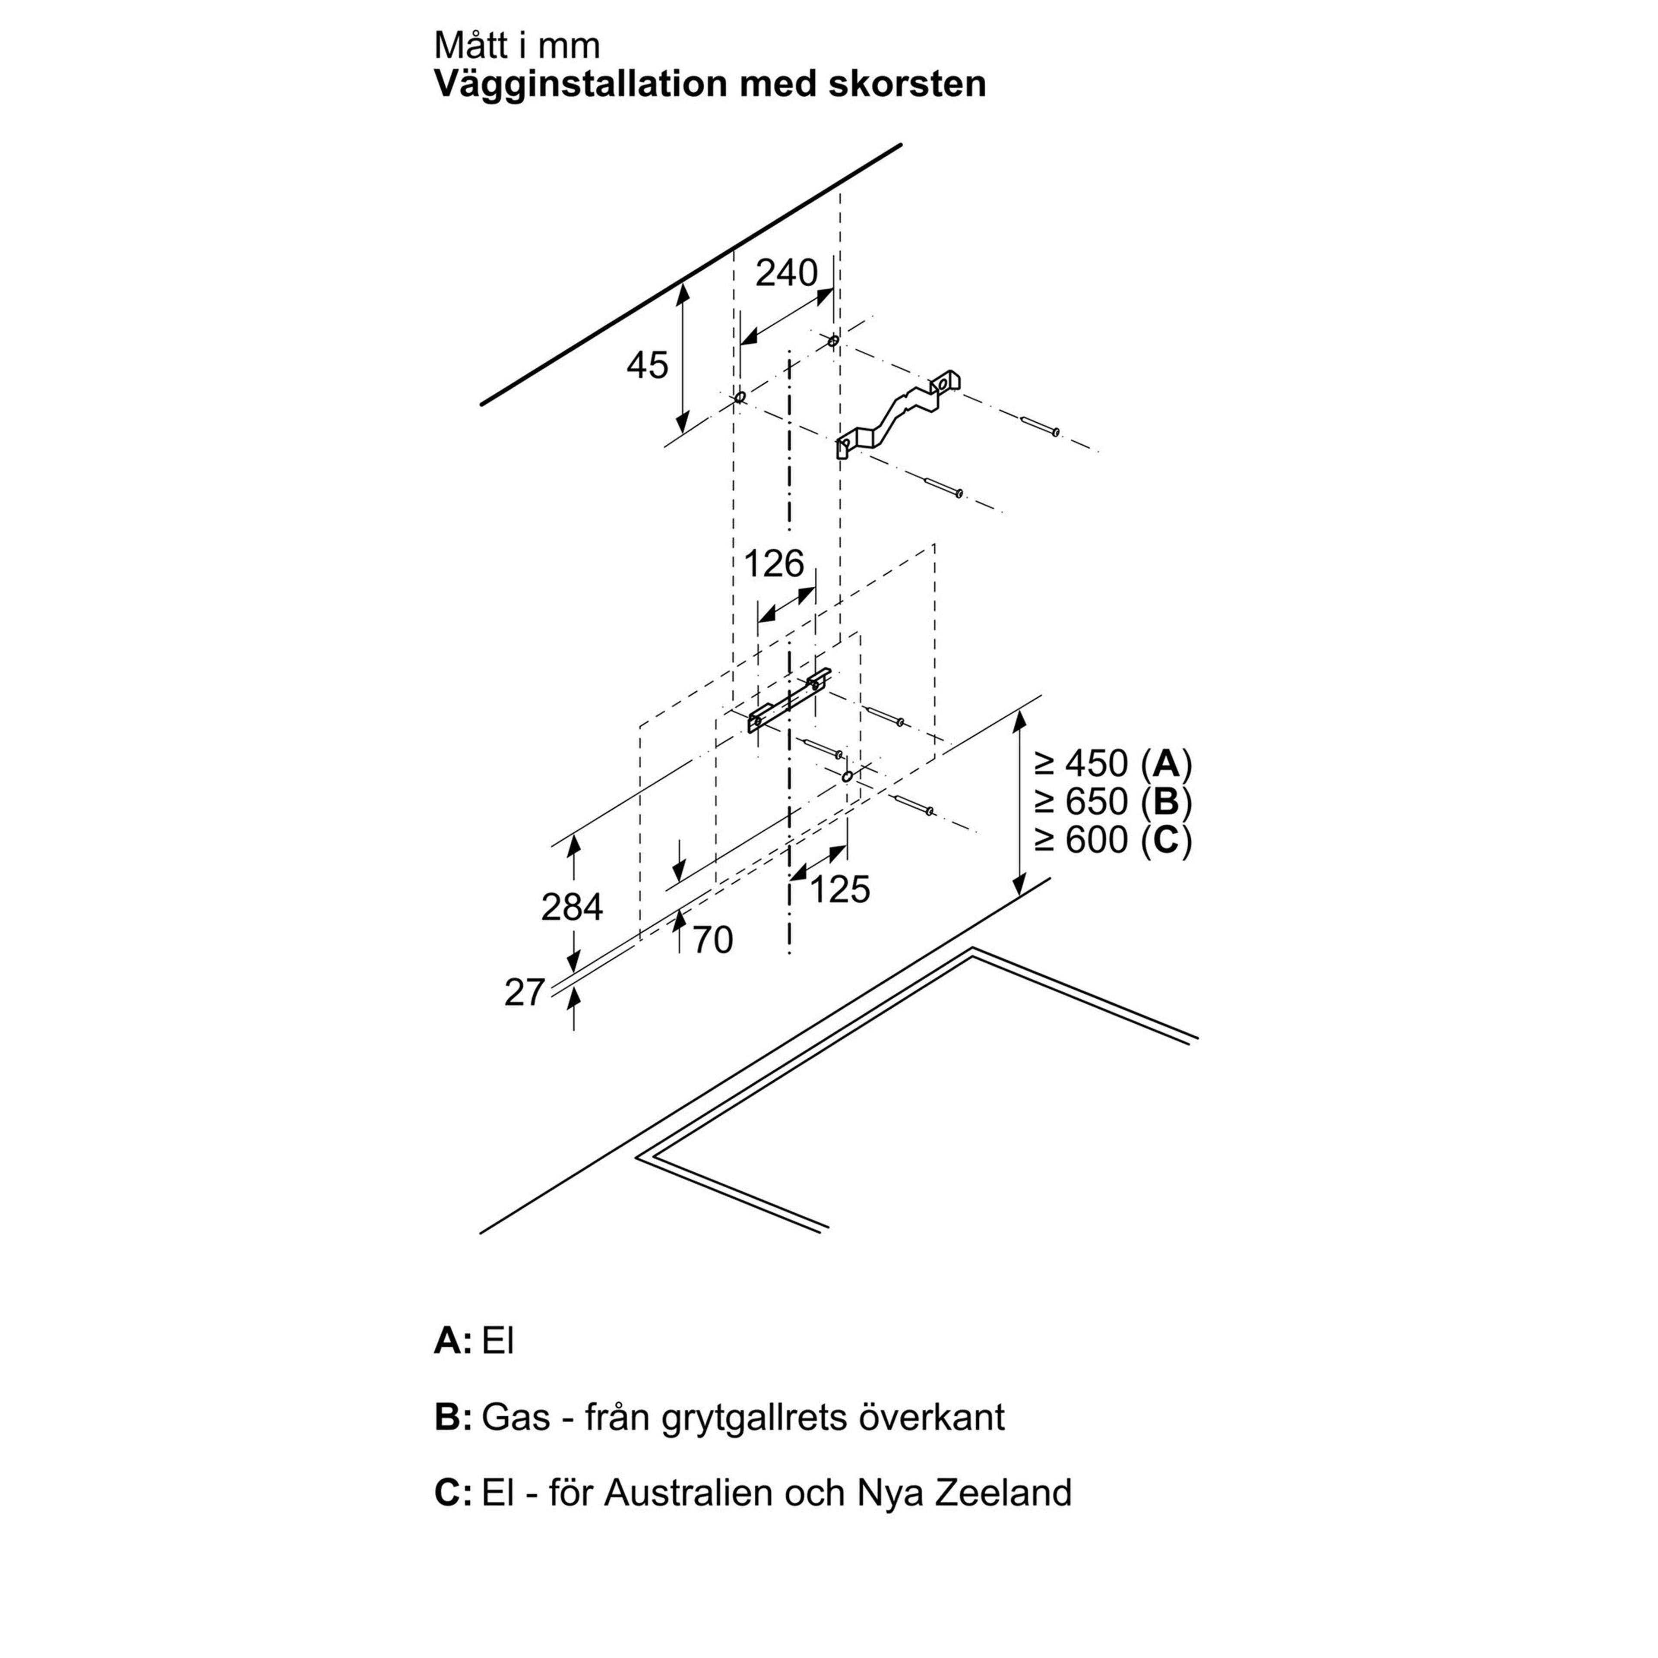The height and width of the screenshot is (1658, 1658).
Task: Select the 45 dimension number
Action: point(647,366)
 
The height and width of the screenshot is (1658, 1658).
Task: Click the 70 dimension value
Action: point(712,940)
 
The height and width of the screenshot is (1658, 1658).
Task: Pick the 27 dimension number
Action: point(524,993)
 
